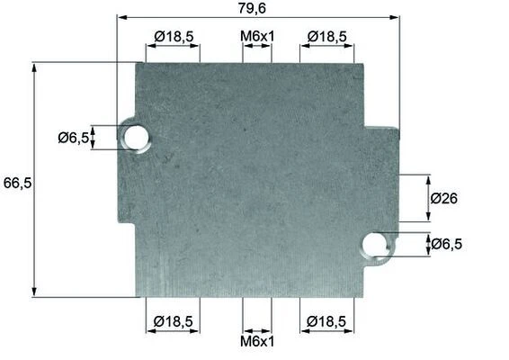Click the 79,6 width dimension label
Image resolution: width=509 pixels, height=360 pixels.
click(252, 8)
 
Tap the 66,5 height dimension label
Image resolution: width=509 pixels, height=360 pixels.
click(17, 183)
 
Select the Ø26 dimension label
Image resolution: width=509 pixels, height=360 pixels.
click(443, 198)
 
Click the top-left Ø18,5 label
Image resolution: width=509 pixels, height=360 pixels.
click(174, 36)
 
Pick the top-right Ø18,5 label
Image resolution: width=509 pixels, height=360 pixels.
click(326, 36)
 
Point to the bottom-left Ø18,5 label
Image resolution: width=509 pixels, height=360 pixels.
click(174, 321)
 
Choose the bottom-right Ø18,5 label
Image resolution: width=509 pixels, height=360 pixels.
click(326, 321)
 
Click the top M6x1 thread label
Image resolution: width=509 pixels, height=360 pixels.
click(257, 36)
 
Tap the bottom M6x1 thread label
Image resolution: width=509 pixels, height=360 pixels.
click(257, 341)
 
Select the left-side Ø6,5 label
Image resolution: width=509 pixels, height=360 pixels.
click(74, 138)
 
